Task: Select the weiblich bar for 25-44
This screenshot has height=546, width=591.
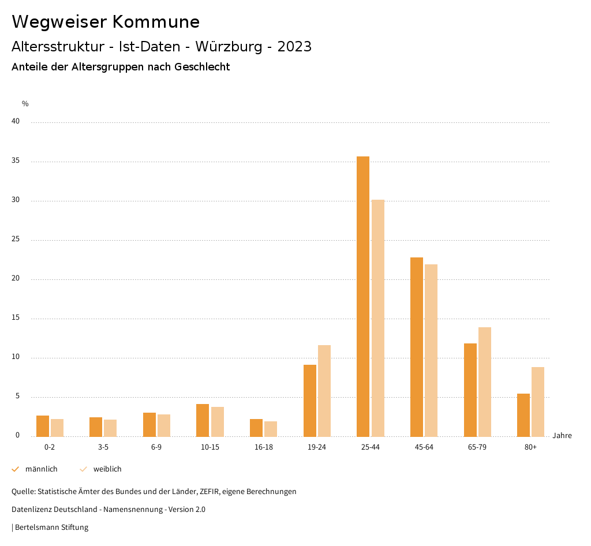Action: (x=378, y=318)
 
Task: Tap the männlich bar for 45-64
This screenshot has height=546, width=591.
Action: (x=417, y=347)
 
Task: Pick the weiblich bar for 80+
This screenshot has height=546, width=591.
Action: (x=538, y=402)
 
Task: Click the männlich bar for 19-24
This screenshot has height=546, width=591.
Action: (x=310, y=401)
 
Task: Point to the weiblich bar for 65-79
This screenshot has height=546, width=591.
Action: (x=485, y=382)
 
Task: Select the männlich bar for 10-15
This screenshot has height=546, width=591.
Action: (x=203, y=420)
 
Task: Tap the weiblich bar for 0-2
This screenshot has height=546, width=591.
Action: (x=57, y=428)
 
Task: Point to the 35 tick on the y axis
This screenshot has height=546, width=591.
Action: (x=16, y=161)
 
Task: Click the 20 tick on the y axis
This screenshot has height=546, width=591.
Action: (x=16, y=279)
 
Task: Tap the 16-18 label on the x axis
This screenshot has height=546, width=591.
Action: (x=264, y=447)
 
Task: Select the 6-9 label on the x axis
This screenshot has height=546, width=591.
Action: (x=156, y=447)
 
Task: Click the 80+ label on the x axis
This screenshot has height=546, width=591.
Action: (x=531, y=447)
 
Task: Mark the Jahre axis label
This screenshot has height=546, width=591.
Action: (x=562, y=436)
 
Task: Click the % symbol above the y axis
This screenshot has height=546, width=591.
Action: (x=25, y=104)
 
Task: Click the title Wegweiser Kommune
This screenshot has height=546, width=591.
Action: (x=106, y=22)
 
